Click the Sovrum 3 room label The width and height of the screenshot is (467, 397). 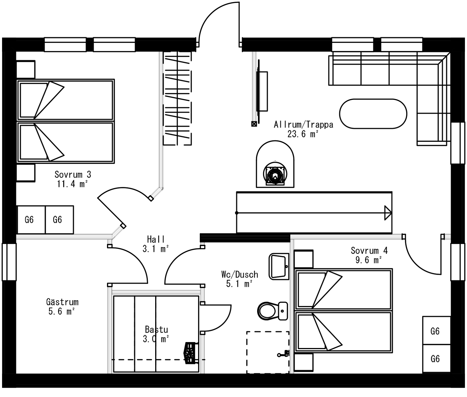coord(73,174)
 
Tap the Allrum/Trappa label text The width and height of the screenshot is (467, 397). coord(304,124)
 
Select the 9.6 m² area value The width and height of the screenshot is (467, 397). coord(369,260)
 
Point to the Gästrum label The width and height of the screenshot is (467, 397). coord(62,302)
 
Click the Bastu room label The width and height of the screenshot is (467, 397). coord(156,330)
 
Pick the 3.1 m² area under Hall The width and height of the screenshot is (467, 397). coord(156,249)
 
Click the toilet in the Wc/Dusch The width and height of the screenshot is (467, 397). coord(273,311)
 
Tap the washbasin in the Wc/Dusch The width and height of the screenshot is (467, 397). coord(279,266)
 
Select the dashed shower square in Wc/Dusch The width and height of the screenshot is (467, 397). coord(268,352)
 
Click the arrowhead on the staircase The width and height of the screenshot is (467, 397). coord(388,213)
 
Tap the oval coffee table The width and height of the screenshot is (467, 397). coord(373,114)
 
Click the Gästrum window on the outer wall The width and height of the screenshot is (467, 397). coord(9,262)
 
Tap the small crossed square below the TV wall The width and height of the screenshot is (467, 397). coord(254,124)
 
